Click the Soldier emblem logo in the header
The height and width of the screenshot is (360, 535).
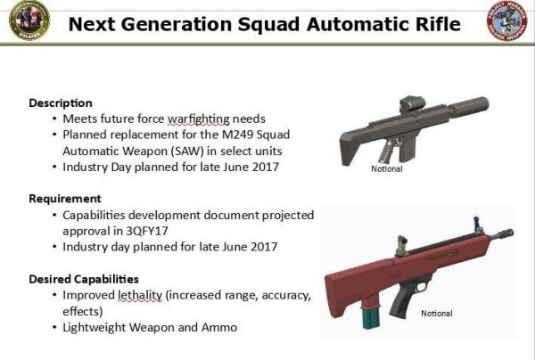point(29,20)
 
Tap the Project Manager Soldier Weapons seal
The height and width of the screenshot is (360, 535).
point(507,20)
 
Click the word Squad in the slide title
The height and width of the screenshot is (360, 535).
point(268,25)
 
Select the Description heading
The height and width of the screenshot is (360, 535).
point(61,103)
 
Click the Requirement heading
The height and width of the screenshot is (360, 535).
point(65,199)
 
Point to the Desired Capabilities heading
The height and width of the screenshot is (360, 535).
point(84,279)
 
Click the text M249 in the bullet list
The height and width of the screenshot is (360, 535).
point(237,135)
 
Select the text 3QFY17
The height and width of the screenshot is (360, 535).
point(147,231)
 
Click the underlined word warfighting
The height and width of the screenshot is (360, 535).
point(198,119)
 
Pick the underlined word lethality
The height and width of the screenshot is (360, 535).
point(140,295)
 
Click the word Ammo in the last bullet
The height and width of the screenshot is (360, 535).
point(219,328)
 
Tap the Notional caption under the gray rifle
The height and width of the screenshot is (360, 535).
point(387,168)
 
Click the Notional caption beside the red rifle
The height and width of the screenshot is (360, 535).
point(437,314)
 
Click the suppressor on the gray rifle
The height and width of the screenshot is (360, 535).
point(468,106)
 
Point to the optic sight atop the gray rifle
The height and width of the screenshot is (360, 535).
point(413,104)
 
